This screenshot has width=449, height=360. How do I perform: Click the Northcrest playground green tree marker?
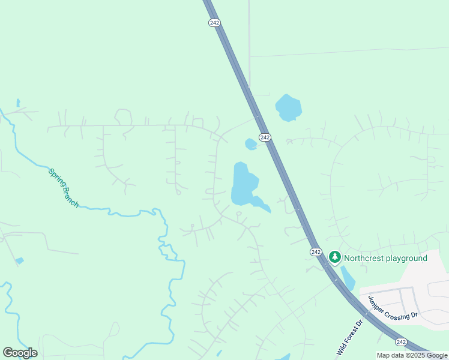pos(334,258)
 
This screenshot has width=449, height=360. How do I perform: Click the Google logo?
pos(20,353)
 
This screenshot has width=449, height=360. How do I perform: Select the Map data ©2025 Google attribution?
pos(412,355)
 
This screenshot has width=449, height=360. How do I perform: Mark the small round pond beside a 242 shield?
pos(251,144)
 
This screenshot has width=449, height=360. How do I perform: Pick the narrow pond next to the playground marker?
pos(348,278)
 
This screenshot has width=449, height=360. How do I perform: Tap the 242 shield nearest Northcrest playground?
pos(316,252)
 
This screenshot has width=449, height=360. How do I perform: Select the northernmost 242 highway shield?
pos(215,22)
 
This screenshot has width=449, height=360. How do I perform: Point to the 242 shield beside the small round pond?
pos(265,137)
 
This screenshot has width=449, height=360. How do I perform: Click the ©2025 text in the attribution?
pos(415,355)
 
